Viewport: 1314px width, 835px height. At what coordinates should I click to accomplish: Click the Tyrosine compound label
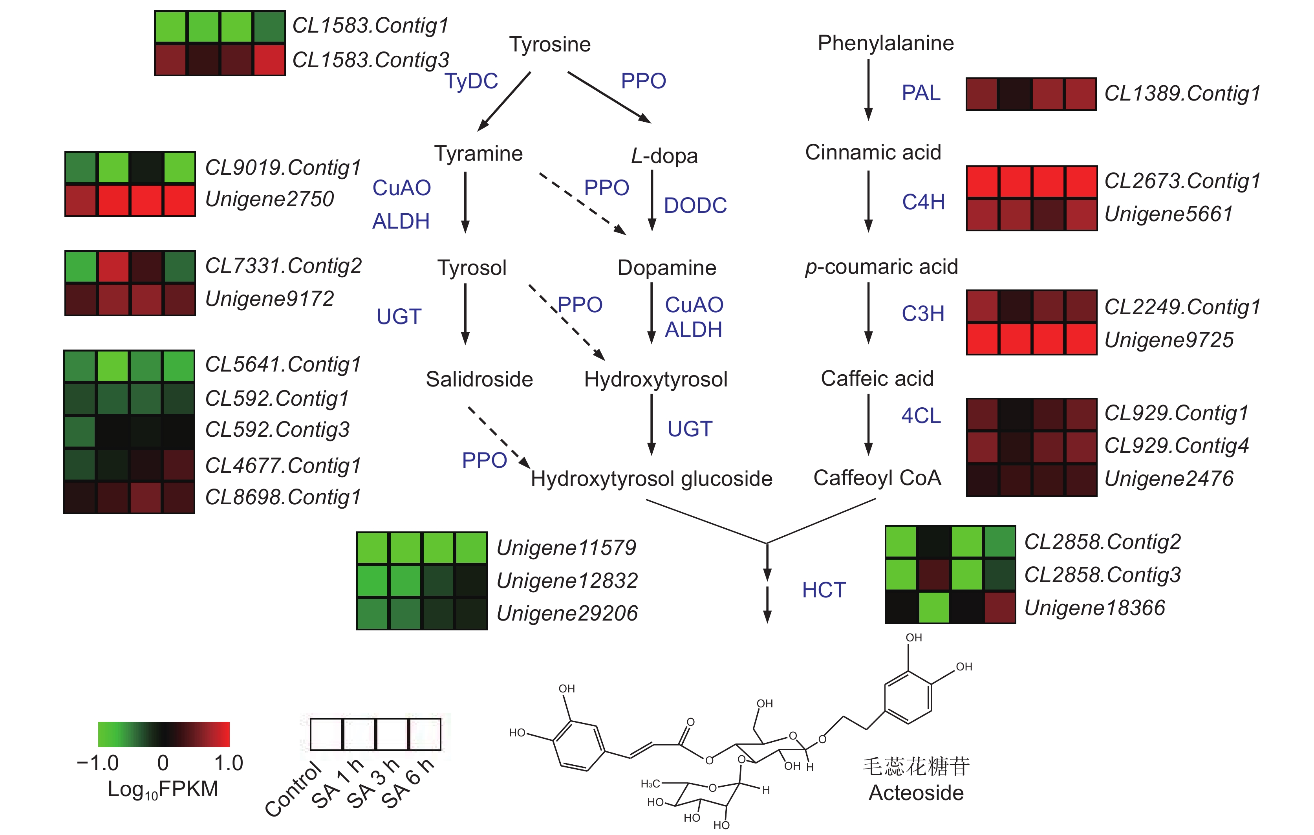click(549, 44)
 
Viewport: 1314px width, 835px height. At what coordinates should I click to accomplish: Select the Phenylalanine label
click(885, 43)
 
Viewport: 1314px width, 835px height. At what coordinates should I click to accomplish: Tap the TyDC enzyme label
click(471, 81)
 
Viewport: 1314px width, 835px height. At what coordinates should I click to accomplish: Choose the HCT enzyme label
click(824, 590)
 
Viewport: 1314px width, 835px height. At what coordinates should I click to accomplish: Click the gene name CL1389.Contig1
click(1182, 93)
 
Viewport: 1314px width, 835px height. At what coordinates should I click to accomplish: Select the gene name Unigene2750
click(269, 199)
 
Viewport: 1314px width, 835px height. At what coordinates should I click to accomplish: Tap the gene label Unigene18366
click(1094, 608)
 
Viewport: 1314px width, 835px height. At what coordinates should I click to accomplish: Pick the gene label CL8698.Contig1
click(283, 497)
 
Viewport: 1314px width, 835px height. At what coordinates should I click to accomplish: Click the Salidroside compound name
click(479, 379)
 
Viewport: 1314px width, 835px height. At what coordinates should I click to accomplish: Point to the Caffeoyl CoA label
click(877, 478)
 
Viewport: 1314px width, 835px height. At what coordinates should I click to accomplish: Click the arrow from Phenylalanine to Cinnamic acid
click(868, 90)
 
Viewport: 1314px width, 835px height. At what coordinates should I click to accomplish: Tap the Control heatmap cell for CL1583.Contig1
click(171, 27)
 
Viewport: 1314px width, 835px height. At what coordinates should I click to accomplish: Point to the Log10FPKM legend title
click(163, 789)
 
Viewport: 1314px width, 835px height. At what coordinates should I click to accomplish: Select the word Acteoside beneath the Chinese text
click(916, 793)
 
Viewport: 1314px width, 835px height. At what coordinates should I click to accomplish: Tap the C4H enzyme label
click(923, 202)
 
